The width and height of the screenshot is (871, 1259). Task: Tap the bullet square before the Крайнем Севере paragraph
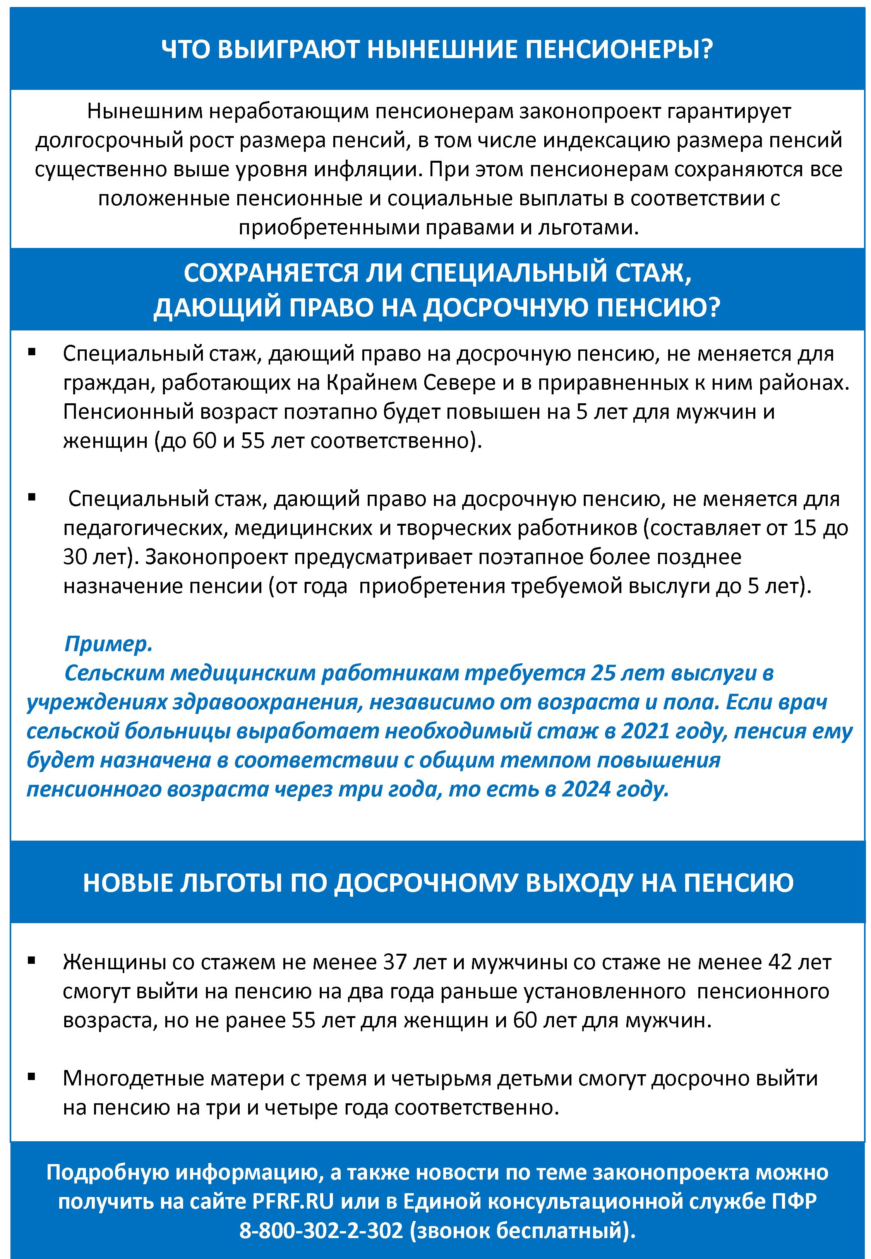tap(32, 353)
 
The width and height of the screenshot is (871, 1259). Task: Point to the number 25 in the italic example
tap(603, 673)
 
